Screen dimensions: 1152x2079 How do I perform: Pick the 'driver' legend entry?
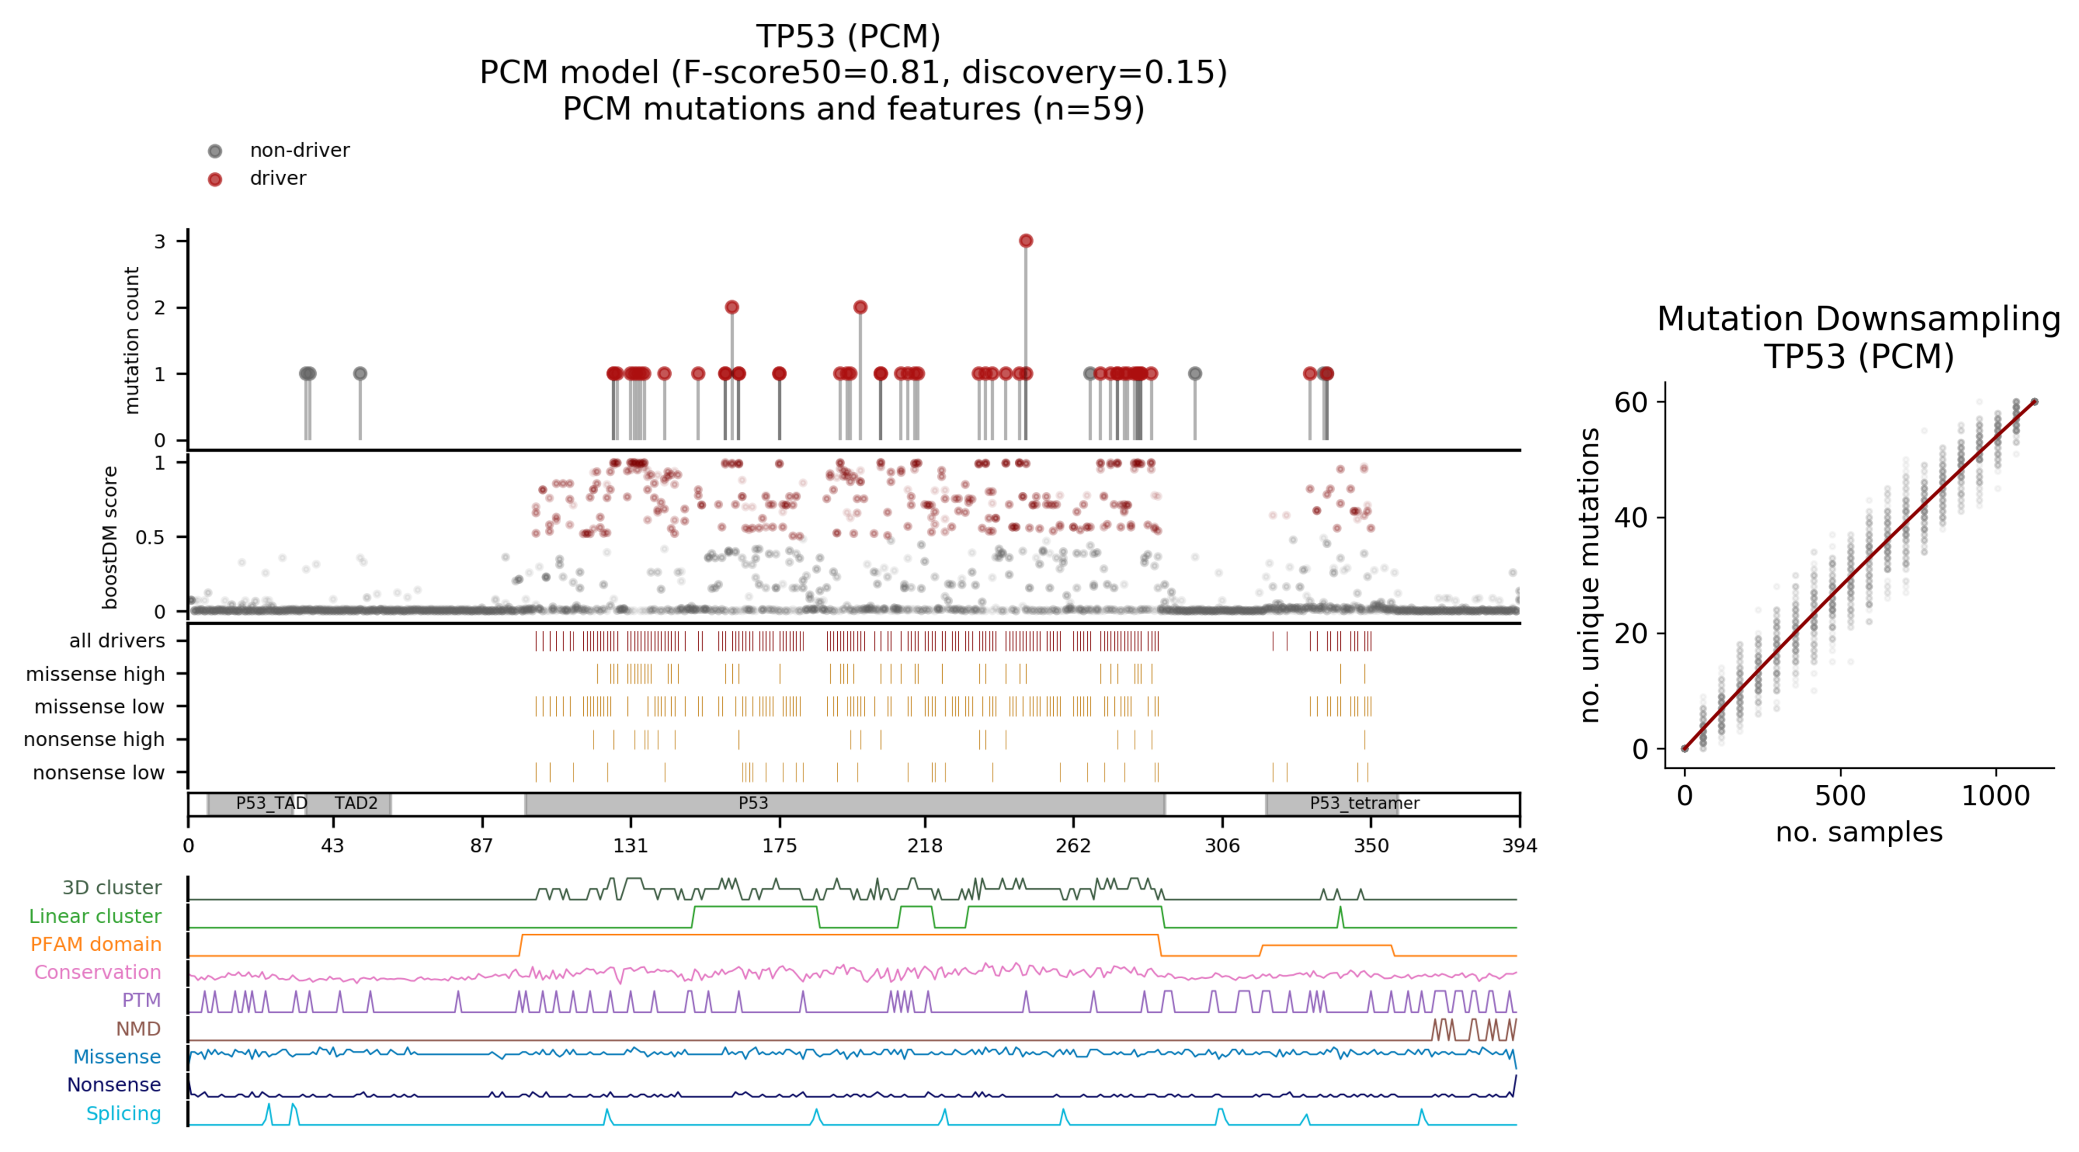point(277,178)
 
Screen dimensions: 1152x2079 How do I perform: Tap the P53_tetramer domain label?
point(1364,804)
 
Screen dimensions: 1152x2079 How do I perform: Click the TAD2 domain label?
point(356,804)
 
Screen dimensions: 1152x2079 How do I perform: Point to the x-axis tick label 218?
point(925,845)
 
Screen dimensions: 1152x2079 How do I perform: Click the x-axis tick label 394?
point(1519,845)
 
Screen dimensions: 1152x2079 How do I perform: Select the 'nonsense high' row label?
point(94,740)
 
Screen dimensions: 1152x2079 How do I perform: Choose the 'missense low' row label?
point(99,707)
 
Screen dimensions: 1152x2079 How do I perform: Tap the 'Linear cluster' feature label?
point(95,916)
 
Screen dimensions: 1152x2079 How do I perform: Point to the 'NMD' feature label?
point(138,1029)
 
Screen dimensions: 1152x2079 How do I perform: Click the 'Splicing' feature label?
point(123,1113)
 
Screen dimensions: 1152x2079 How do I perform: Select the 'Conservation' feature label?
point(98,972)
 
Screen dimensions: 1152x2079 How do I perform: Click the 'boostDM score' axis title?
point(111,537)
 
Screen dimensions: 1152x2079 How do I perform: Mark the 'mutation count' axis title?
point(132,341)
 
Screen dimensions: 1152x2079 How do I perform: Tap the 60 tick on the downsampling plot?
point(1630,402)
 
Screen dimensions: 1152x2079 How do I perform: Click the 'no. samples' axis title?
point(1858,832)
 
